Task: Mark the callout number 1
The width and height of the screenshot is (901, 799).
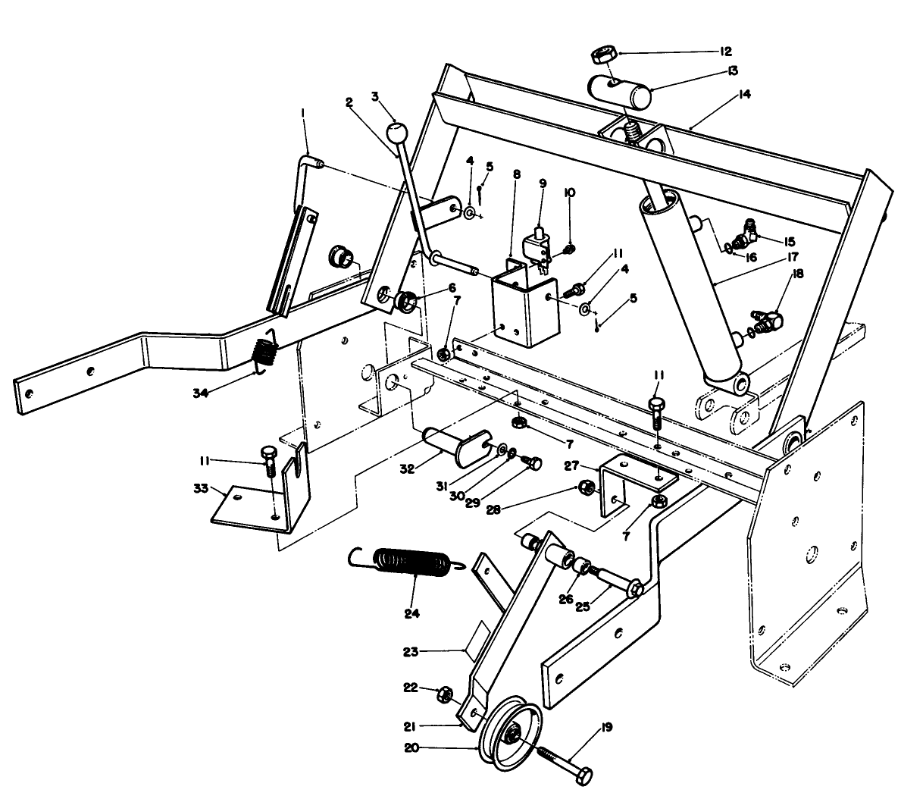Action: click(x=302, y=112)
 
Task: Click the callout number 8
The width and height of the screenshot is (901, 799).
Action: click(x=517, y=174)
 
